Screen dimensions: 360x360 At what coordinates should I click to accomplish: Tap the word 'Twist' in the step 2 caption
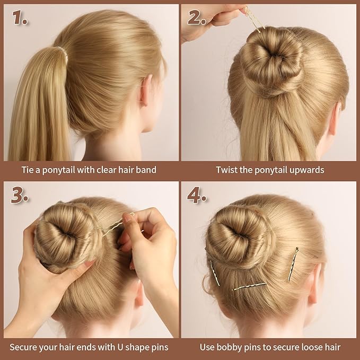pyautogui.click(x=226, y=170)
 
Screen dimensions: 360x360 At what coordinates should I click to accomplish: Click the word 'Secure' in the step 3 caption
pyautogui.click(x=25, y=347)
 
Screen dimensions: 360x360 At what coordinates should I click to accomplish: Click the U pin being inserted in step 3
pyautogui.click(x=119, y=226)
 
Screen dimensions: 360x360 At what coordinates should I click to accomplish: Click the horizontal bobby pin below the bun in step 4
pyautogui.click(x=249, y=287)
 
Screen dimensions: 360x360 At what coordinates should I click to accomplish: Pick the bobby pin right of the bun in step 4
pyautogui.click(x=293, y=264)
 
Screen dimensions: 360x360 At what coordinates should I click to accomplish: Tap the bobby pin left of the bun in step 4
pyautogui.click(x=215, y=273)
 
